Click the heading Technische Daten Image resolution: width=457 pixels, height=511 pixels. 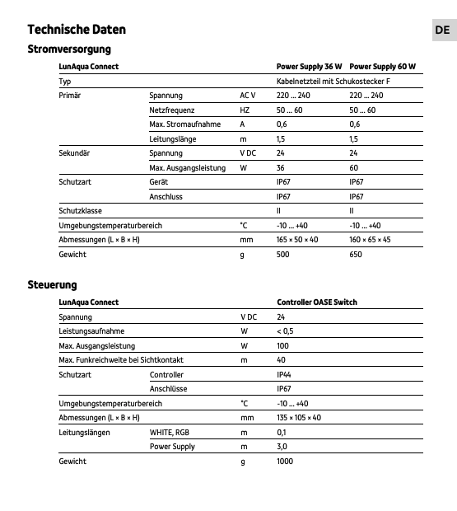pos(77,30)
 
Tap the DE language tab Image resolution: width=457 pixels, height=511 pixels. pos(442,30)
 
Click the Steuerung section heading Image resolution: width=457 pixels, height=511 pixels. pos(52,284)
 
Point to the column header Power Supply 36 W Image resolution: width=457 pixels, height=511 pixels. pos(309,67)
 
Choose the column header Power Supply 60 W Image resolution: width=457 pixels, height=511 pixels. pos(382,67)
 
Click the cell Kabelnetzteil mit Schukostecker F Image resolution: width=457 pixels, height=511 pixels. pos(333,82)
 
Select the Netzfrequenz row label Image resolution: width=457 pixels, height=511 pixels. pos(171,110)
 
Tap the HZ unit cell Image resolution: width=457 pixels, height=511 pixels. pos(245,110)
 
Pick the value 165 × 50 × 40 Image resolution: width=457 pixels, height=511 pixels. pos(297,240)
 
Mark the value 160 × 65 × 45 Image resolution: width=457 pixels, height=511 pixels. pos(370,240)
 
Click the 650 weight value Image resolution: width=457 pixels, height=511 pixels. pos(356,255)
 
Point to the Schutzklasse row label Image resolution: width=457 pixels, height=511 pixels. pos(80,211)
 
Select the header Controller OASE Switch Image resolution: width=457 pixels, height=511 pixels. pos(317,302)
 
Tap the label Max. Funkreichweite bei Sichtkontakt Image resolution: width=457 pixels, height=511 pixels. pos(121,360)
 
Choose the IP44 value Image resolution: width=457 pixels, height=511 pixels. pos(284,375)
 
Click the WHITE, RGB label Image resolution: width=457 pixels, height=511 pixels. pos(170,433)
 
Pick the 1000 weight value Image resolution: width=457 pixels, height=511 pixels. pos(285,462)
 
